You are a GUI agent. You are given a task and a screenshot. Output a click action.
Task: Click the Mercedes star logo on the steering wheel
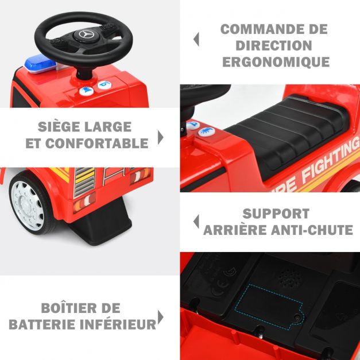point(86,34)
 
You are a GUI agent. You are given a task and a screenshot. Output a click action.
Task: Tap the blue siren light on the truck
point(40,64)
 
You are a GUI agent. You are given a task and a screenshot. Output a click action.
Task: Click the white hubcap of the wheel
point(27,203)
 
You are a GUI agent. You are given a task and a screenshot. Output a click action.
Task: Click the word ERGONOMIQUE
point(276,62)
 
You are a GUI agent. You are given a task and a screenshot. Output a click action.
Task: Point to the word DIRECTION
point(274,45)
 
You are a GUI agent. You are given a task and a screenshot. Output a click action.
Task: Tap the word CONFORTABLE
point(96,144)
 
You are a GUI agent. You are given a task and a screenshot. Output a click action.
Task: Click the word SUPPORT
point(276,214)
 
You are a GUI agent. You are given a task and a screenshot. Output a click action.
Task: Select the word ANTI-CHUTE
point(312,230)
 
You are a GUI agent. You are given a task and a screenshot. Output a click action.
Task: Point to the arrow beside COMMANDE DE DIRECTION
point(196,39)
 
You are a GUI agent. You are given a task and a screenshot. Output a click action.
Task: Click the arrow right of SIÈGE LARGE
point(161,138)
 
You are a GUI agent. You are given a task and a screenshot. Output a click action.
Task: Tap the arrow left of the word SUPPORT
point(196,222)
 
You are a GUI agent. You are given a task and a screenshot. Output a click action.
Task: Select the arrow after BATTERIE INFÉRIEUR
point(161,317)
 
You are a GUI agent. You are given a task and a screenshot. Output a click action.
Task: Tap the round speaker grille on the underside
point(290,278)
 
